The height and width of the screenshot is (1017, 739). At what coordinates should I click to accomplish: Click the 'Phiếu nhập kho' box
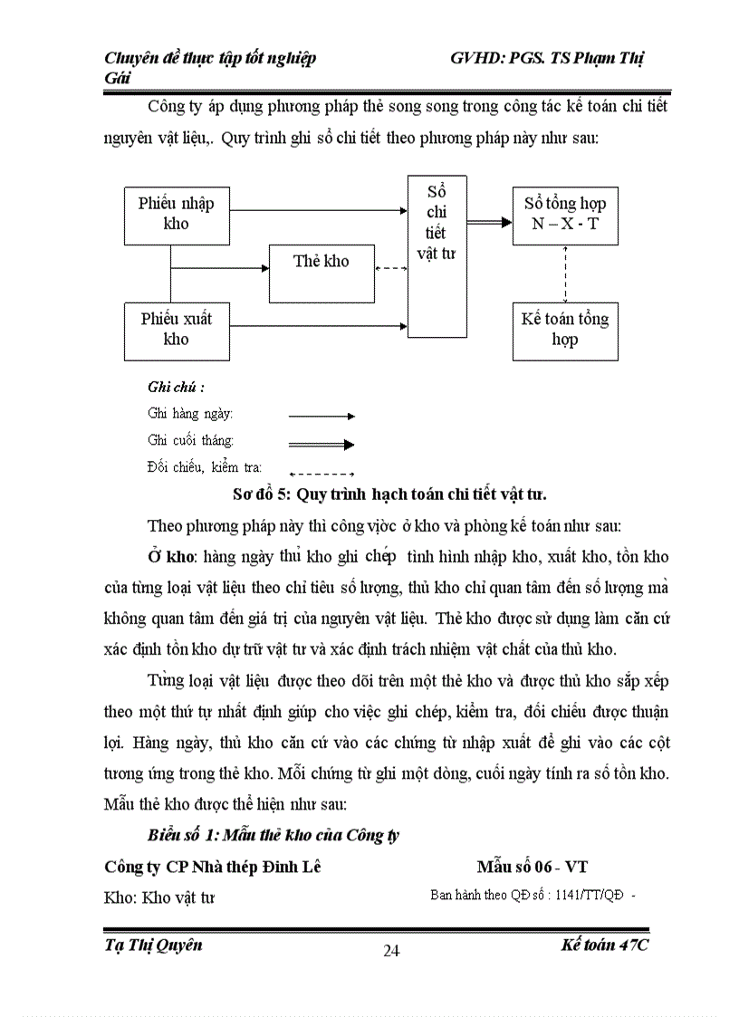click(176, 213)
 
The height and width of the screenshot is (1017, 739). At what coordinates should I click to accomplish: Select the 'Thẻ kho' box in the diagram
click(322, 262)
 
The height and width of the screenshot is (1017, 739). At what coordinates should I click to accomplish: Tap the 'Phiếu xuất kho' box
click(176, 329)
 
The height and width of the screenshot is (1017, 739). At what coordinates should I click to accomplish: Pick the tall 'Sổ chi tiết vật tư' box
click(436, 256)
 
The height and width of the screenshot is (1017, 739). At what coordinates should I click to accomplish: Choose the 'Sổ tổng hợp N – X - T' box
click(565, 214)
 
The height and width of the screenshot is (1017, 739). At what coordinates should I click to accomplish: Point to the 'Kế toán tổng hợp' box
click(565, 330)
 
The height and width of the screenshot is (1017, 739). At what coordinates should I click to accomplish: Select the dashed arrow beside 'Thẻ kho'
click(390, 267)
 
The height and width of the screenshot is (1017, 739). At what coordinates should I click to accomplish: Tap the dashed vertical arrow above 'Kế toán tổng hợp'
click(565, 273)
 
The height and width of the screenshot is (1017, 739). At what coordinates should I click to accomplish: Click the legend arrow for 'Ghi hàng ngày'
click(321, 416)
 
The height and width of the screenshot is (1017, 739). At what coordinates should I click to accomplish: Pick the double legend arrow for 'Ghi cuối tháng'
click(321, 444)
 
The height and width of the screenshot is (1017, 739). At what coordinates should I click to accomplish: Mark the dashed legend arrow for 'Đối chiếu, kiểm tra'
click(321, 473)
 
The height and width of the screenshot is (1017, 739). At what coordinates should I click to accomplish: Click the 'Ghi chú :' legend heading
click(176, 387)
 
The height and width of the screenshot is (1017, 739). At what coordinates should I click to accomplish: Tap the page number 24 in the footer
click(392, 949)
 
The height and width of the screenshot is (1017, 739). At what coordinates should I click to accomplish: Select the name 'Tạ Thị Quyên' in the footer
click(153, 945)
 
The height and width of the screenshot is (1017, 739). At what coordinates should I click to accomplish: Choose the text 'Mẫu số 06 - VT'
click(533, 867)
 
